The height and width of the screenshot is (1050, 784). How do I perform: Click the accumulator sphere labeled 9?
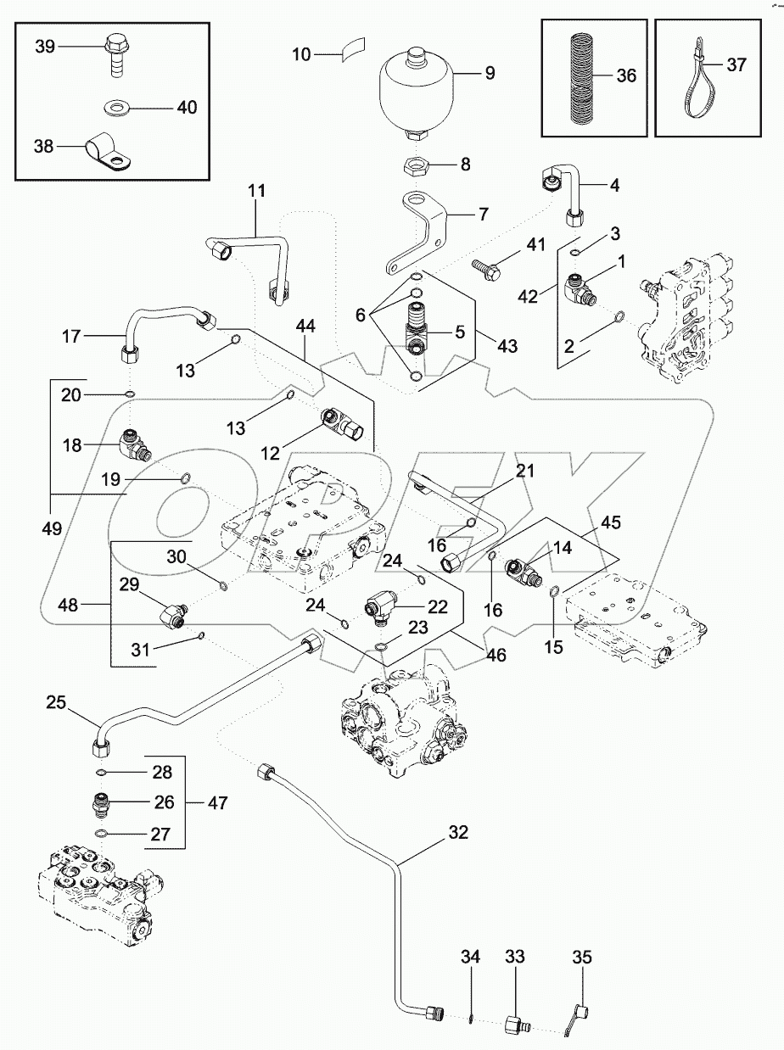tap(415, 94)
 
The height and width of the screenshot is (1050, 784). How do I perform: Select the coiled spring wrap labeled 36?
tap(580, 75)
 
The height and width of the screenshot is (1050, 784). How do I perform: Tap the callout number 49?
tap(52, 528)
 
